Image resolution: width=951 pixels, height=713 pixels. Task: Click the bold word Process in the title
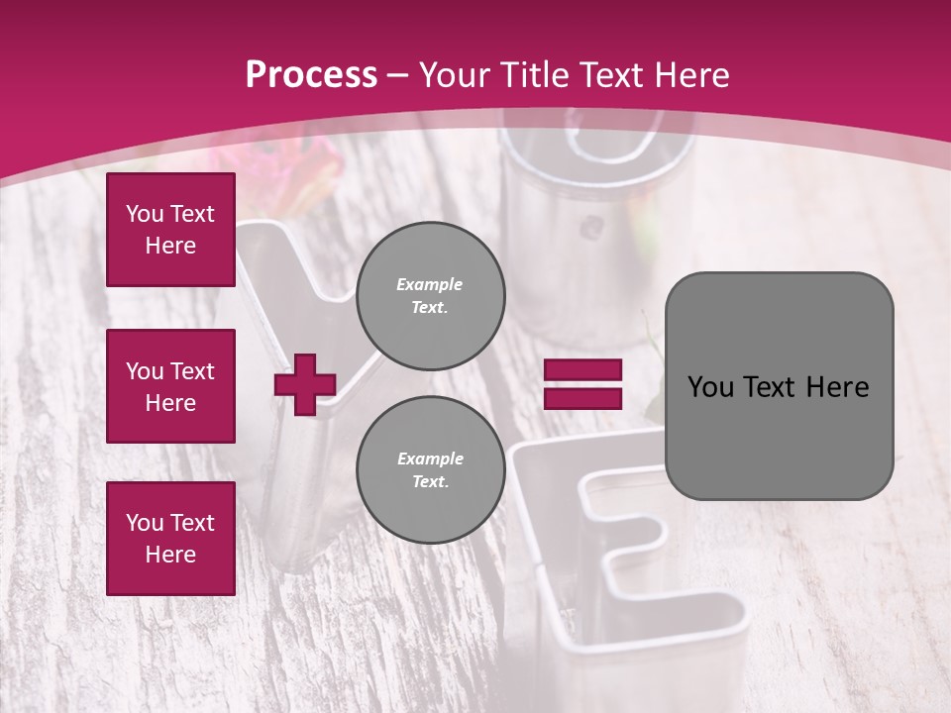coord(311,75)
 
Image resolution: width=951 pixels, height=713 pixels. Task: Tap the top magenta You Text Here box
coord(170,230)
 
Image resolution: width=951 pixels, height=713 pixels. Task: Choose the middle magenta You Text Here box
coord(170,386)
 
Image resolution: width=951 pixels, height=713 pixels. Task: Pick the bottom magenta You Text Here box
coord(170,539)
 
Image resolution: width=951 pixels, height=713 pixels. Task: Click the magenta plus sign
coord(305,384)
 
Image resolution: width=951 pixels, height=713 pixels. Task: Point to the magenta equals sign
coord(582,384)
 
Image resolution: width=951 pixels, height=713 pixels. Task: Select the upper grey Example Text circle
coord(430,296)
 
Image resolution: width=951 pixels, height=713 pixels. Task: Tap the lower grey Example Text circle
coord(430,470)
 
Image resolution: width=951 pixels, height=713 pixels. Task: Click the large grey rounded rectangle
coord(779,386)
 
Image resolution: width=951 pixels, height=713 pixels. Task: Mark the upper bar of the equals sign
coord(582,369)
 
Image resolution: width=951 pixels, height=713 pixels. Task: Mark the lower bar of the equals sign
coord(582,399)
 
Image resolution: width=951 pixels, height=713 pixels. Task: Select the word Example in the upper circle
coord(430,284)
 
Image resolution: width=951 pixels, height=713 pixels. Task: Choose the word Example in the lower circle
coord(430,458)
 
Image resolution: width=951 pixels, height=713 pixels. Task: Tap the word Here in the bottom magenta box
coord(170,555)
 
